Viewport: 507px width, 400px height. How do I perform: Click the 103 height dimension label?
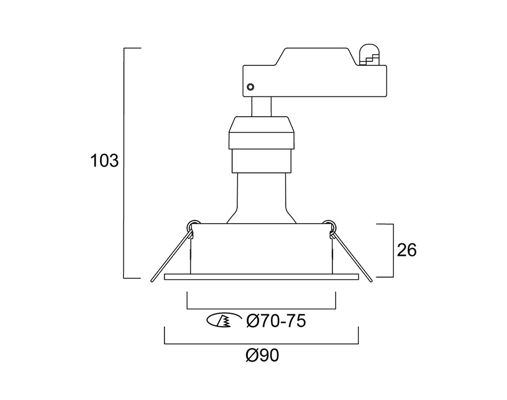click(x=104, y=161)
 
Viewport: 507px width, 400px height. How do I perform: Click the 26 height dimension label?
click(x=407, y=250)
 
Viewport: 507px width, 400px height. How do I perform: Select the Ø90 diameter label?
click(x=262, y=356)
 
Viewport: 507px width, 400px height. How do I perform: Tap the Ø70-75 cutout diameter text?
click(x=276, y=321)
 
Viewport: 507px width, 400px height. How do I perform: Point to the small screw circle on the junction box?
click(x=251, y=87)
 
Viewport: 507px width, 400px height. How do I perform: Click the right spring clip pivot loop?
click(x=330, y=225)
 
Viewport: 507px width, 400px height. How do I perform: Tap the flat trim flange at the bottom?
click(x=261, y=277)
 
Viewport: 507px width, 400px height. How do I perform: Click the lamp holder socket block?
click(x=261, y=144)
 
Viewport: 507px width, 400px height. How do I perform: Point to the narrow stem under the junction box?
click(x=261, y=106)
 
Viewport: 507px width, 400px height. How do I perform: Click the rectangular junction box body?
click(x=315, y=79)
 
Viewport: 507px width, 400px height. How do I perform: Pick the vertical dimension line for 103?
click(x=124, y=163)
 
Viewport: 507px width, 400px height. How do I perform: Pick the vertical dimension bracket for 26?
click(x=392, y=250)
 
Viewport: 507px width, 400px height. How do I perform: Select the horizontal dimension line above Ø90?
click(x=261, y=343)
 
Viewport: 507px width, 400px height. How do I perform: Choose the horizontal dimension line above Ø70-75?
click(x=261, y=309)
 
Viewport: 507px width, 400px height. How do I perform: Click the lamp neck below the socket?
click(x=261, y=197)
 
